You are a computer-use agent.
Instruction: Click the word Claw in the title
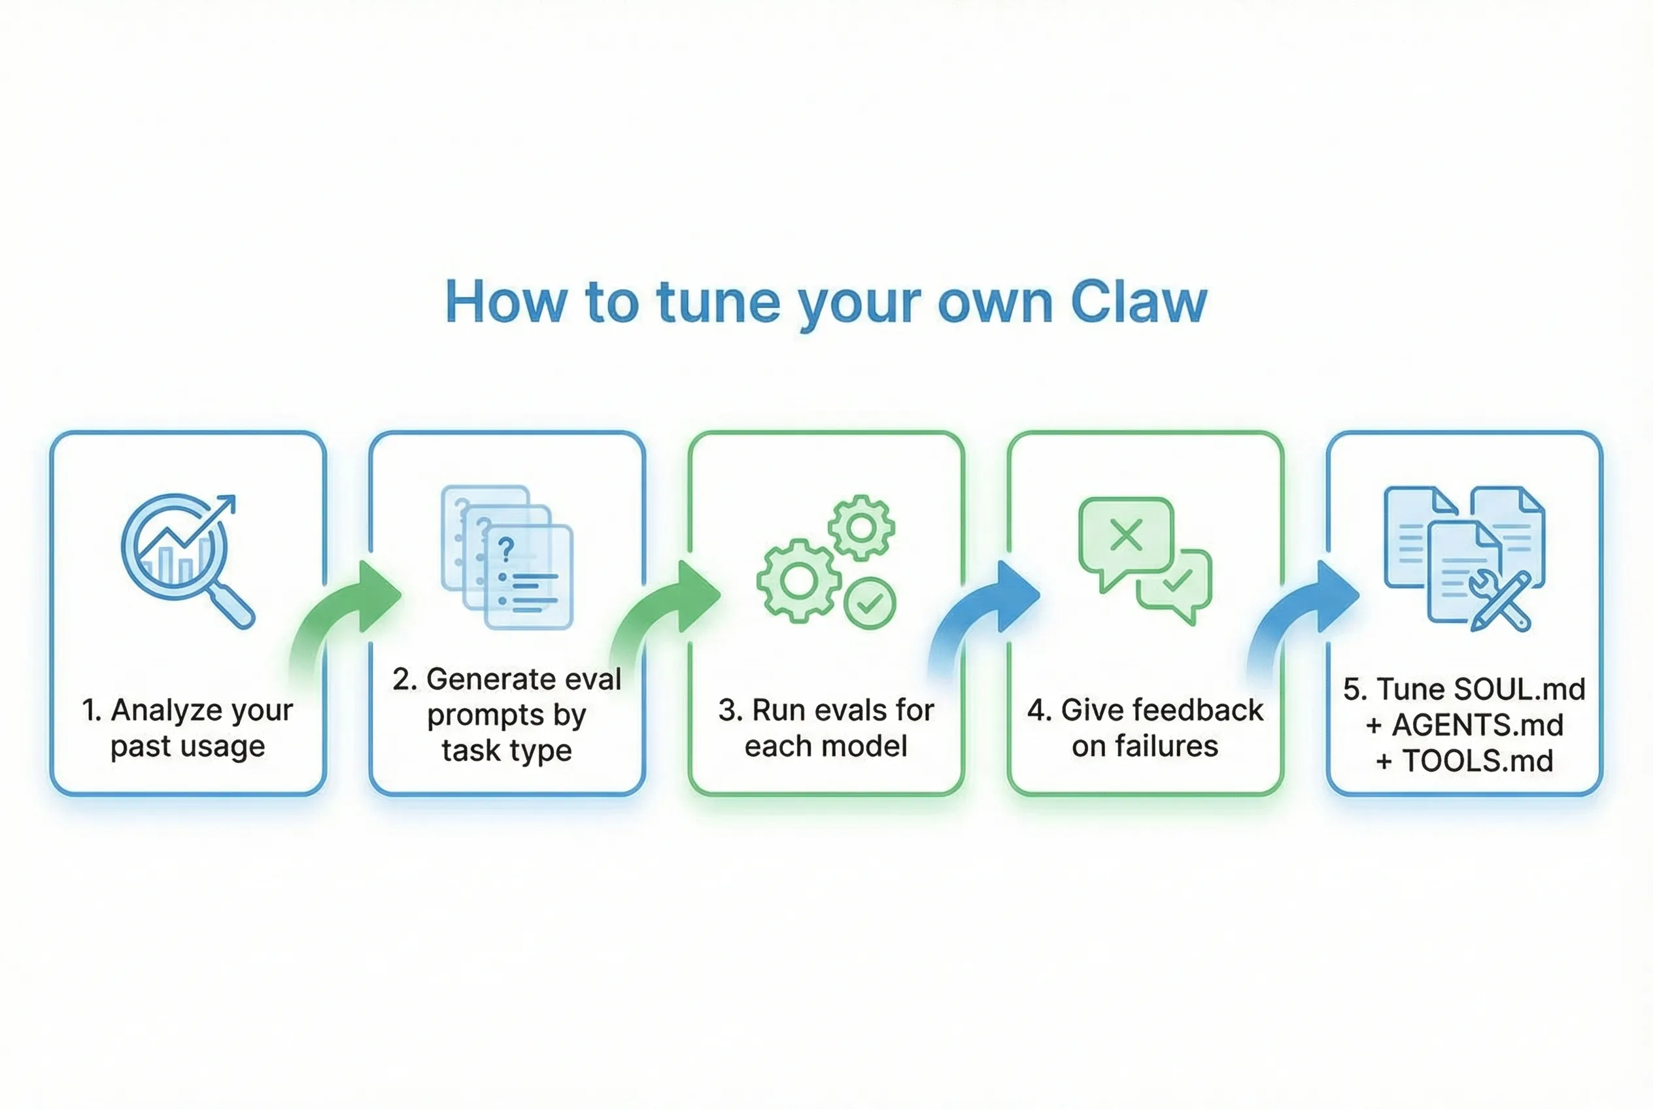[1138, 302]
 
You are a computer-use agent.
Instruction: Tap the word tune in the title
[718, 302]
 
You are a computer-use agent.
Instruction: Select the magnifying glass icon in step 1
[185, 558]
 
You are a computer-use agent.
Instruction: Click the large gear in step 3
[798, 581]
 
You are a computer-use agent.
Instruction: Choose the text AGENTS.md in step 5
[1478, 725]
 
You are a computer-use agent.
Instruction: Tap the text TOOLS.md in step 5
[1478, 761]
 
